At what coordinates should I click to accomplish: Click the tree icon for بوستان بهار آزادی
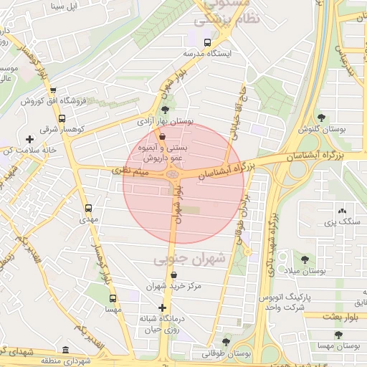pyautogui.click(x=166, y=110)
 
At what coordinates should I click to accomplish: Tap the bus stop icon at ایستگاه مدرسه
pyautogui.click(x=208, y=42)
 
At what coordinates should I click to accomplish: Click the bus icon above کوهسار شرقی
pyautogui.click(x=62, y=118)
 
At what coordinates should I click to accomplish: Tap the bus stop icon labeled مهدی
pyautogui.click(x=89, y=208)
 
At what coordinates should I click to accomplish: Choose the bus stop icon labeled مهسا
pyautogui.click(x=111, y=298)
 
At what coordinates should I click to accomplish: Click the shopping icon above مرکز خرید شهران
pyautogui.click(x=173, y=275)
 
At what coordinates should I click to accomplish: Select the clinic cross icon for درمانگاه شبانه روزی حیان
pyautogui.click(x=163, y=308)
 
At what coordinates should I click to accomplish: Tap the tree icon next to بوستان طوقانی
pyautogui.click(x=227, y=343)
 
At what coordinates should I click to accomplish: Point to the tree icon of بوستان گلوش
pyautogui.click(x=320, y=118)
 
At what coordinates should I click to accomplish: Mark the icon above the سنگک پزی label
pyautogui.click(x=341, y=211)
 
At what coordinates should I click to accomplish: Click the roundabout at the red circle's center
pyautogui.click(x=173, y=174)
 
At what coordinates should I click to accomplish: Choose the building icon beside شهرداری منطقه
pyautogui.click(x=66, y=351)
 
